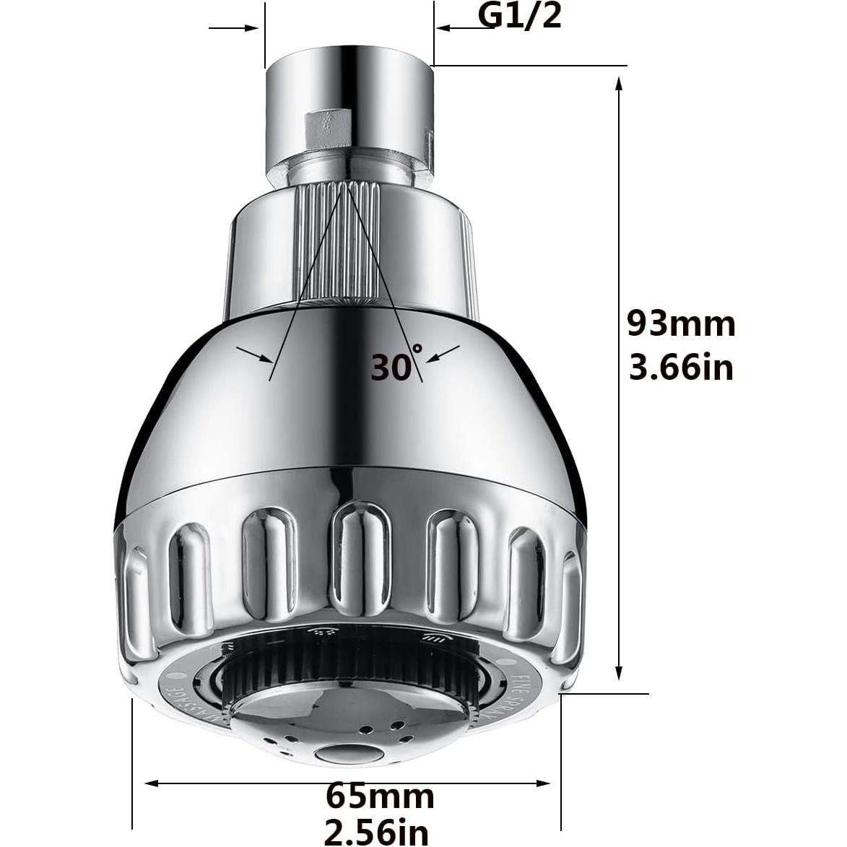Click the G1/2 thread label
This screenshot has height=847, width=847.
[520, 16]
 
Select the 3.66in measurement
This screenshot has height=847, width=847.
[680, 368]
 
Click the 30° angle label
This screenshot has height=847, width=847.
[396, 365]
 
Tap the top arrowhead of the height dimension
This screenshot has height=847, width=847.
[618, 84]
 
